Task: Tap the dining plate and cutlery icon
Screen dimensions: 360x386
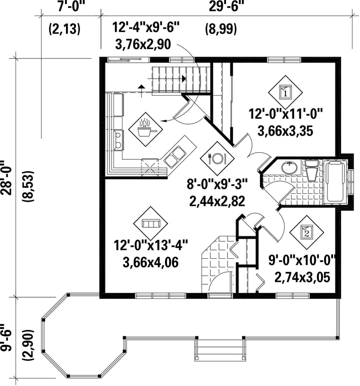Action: pyautogui.click(x=217, y=158)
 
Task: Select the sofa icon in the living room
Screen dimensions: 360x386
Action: pyautogui.click(x=150, y=223)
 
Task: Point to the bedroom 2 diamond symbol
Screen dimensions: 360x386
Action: pyautogui.click(x=306, y=232)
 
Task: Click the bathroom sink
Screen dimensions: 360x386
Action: pyautogui.click(x=289, y=167)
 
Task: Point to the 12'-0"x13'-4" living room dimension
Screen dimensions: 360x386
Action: pyautogui.click(x=150, y=245)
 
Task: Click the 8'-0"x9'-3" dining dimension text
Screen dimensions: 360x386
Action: pyautogui.click(x=217, y=184)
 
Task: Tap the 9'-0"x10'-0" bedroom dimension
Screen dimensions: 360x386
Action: pyautogui.click(x=302, y=260)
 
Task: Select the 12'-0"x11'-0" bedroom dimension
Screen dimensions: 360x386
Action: pyautogui.click(x=285, y=114)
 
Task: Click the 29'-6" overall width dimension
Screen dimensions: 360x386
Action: pyautogui.click(x=224, y=7)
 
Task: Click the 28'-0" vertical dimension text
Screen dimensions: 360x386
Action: pyautogui.click(x=6, y=178)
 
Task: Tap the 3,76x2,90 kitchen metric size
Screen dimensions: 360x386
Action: pyautogui.click(x=142, y=45)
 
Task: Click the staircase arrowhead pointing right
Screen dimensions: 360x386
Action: pyautogui.click(x=183, y=79)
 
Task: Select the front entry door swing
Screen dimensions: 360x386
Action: pyautogui.click(x=220, y=281)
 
